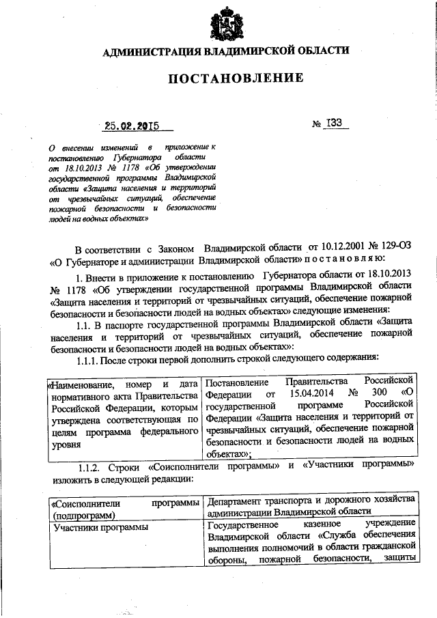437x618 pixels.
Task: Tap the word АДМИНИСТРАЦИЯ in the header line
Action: (x=152, y=51)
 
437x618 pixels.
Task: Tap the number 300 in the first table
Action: (x=379, y=394)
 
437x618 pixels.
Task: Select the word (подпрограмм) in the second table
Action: (x=83, y=513)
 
